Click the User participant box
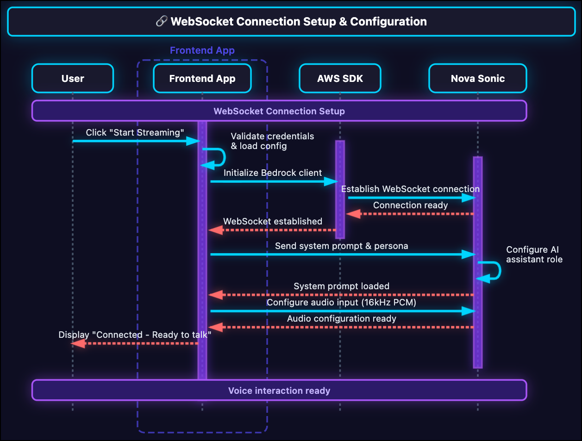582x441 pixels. (x=73, y=79)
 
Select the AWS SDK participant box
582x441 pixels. (x=340, y=79)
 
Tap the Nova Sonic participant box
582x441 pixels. (x=477, y=79)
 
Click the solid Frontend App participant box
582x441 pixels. (x=202, y=79)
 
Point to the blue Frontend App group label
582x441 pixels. (x=202, y=50)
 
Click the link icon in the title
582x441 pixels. (x=162, y=21)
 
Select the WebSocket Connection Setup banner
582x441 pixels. (x=279, y=111)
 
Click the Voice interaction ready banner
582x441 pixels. (x=279, y=391)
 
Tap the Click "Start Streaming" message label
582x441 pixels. (x=135, y=133)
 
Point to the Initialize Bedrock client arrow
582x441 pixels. (x=273, y=181)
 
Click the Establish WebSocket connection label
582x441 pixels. (x=410, y=189)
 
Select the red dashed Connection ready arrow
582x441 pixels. (x=410, y=214)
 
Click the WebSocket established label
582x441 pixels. (x=273, y=221)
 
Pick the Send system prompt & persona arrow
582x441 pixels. (x=343, y=255)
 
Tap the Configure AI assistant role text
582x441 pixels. (x=534, y=255)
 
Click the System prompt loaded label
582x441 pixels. (x=341, y=286)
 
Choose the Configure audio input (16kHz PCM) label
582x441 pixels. (x=341, y=302)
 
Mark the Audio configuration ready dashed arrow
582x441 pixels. (x=341, y=327)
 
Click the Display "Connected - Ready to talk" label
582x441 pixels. (x=135, y=335)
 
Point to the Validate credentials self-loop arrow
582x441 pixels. (x=223, y=157)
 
